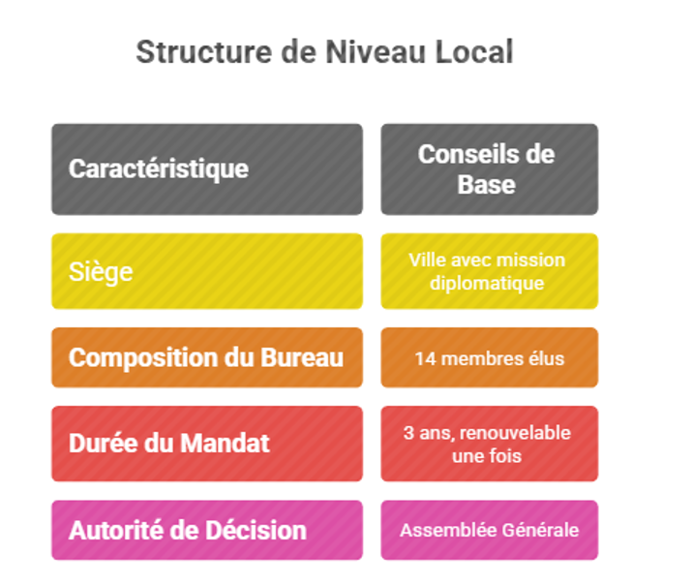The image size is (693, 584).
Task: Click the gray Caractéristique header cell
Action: pyautogui.click(x=206, y=169)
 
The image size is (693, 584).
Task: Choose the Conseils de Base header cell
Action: pyautogui.click(x=489, y=169)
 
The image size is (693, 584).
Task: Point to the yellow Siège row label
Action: pyautogui.click(x=206, y=271)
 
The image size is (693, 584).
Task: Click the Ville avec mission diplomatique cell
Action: pyautogui.click(x=489, y=271)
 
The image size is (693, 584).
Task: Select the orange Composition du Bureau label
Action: pyautogui.click(x=206, y=357)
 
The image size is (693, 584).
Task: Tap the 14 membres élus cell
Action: pyautogui.click(x=489, y=357)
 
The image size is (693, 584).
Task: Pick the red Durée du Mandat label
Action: pyautogui.click(x=206, y=444)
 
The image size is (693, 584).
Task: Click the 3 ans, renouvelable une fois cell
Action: pyautogui.click(x=489, y=444)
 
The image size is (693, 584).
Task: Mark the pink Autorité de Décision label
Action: pyautogui.click(x=206, y=530)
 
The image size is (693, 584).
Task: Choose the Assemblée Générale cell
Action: pyautogui.click(x=489, y=530)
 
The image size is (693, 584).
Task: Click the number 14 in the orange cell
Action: pyautogui.click(x=424, y=358)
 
